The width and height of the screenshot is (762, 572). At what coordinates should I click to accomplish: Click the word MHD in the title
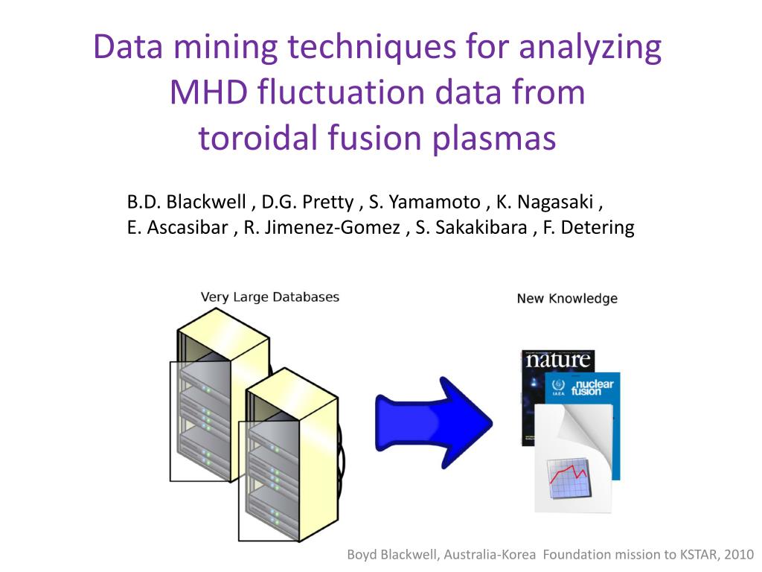click(x=208, y=92)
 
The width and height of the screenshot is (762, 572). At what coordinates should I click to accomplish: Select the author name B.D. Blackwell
click(x=187, y=202)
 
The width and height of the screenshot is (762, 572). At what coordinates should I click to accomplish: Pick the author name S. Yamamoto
click(x=424, y=202)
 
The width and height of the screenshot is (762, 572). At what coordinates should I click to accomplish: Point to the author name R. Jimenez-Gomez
click(x=321, y=227)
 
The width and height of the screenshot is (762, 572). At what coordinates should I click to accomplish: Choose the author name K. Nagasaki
click(x=545, y=202)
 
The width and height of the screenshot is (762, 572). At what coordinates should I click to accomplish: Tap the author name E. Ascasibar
click(x=177, y=227)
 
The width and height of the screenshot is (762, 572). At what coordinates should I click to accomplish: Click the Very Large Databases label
click(x=269, y=297)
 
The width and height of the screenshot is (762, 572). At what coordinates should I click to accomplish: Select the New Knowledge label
click(x=567, y=299)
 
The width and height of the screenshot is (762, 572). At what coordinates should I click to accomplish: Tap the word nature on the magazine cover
click(x=558, y=360)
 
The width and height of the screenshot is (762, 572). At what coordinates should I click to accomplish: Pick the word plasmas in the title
click(x=494, y=139)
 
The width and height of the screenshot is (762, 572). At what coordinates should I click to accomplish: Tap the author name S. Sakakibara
click(x=471, y=227)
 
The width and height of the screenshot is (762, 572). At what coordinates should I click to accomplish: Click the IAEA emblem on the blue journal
click(x=558, y=387)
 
